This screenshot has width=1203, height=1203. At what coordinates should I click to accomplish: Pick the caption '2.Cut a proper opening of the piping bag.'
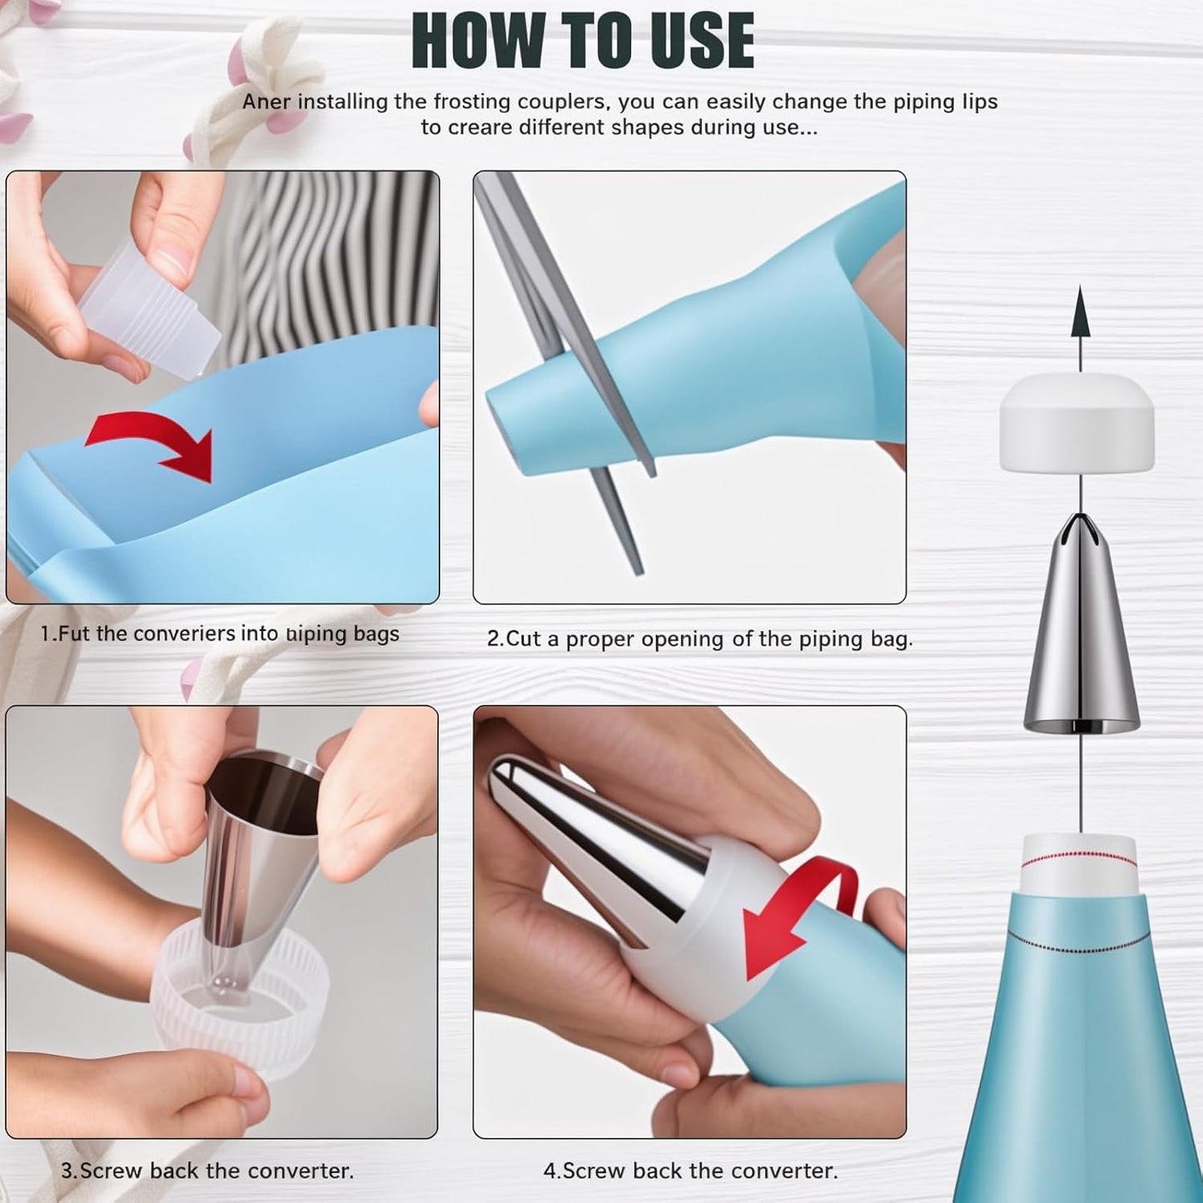click(699, 639)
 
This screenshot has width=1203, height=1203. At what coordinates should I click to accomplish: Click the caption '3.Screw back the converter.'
click(207, 1171)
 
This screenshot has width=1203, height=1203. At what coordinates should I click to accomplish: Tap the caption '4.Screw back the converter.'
click(690, 1171)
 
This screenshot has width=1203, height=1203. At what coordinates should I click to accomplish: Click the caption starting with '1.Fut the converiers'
click(220, 634)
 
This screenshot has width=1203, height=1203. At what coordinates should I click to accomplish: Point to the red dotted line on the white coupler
click(1078, 854)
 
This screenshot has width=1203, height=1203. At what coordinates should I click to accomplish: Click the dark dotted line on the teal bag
click(1078, 946)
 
